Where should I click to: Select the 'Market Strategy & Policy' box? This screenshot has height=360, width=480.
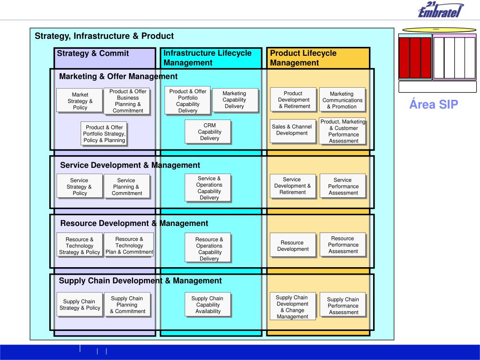click(80, 101)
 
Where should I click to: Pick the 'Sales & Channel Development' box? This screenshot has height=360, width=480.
click(292, 130)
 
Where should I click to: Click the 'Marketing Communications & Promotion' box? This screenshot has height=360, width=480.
click(342, 100)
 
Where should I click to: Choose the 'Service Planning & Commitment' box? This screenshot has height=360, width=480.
click(127, 187)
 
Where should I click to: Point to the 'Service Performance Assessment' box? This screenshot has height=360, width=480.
click(343, 186)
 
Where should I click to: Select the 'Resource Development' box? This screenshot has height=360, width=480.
click(292, 246)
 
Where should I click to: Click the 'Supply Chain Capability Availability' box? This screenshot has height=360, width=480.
click(208, 305)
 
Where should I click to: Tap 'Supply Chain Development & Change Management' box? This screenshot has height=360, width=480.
click(292, 307)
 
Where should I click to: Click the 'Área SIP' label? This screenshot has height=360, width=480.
click(434, 105)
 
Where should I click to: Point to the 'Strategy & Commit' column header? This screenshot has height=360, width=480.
click(93, 53)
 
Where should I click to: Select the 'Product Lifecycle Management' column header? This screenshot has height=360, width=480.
click(303, 58)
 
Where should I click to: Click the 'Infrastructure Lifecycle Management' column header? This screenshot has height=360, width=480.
click(207, 58)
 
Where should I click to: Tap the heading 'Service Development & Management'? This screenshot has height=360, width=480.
click(130, 165)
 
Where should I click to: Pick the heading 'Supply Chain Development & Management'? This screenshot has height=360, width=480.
click(140, 281)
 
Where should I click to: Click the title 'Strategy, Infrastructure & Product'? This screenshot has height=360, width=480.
click(104, 36)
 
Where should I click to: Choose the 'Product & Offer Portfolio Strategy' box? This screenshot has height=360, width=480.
click(104, 134)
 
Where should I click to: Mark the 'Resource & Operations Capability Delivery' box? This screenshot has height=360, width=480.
click(209, 249)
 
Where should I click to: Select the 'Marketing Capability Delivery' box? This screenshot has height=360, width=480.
click(234, 100)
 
